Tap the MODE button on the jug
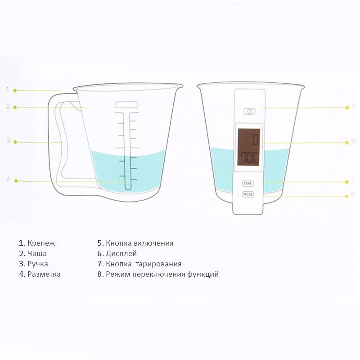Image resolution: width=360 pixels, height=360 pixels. tap(248, 194)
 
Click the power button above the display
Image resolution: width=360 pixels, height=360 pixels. tap(249, 111)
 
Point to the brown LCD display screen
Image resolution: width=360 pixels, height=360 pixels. tap(249, 147)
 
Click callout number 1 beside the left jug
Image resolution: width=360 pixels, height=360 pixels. tap(8, 90)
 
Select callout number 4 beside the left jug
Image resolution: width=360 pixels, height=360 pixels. tap(8, 179)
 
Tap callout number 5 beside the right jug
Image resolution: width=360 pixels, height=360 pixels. tap(354, 106)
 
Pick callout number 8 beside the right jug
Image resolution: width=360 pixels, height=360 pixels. tap(353, 195)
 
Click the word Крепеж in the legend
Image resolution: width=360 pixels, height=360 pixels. tap(41, 243)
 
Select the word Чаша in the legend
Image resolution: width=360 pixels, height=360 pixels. tap(37, 253)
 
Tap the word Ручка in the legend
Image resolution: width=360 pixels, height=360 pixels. tap(38, 264)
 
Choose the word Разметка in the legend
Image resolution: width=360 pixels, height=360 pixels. tap(44, 274)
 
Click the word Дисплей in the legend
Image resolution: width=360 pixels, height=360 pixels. tap(121, 253)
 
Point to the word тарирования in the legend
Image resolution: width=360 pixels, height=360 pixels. tap(158, 264)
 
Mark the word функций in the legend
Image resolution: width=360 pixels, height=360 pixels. tap(203, 274)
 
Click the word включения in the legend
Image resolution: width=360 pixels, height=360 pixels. tap(153, 243)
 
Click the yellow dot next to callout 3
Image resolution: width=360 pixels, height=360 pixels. tap(15, 142)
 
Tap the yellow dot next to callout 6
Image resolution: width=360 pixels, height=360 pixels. tap(347, 143)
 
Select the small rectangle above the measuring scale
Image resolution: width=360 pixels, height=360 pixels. tap(126, 105)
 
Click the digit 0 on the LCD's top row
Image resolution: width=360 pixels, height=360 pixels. tap(255, 139)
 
